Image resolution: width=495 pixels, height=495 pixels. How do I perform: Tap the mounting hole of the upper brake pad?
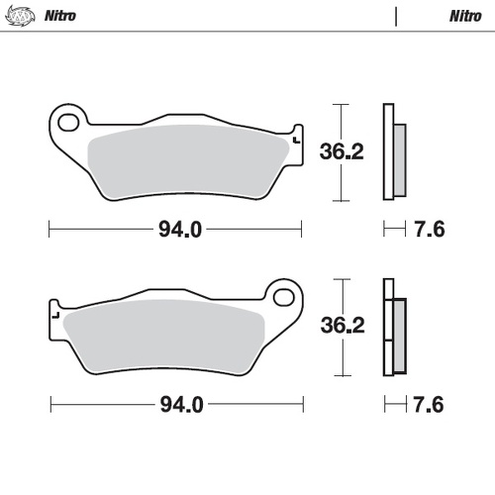68,123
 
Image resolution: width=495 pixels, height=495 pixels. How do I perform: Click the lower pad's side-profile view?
393,327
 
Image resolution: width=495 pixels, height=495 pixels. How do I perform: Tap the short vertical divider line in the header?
395,17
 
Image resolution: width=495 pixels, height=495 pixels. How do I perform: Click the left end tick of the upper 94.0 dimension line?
49,231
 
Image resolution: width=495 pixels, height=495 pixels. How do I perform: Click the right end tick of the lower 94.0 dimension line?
302,405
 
